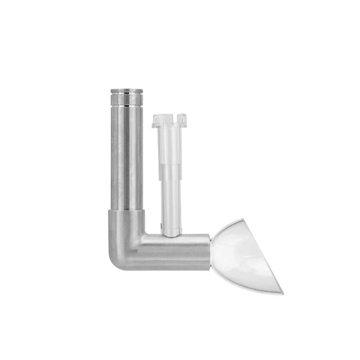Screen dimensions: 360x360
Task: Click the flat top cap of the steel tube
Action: coord(127,91)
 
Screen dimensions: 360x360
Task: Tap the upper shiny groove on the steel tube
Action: coord(127,95)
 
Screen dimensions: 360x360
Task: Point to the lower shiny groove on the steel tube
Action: coord(127,105)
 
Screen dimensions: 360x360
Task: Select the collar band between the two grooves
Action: coord(127,100)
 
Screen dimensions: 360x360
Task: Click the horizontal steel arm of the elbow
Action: coord(176,252)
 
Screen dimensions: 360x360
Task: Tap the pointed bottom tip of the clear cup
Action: coord(281,292)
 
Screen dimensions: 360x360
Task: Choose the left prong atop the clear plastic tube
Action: coord(157,120)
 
